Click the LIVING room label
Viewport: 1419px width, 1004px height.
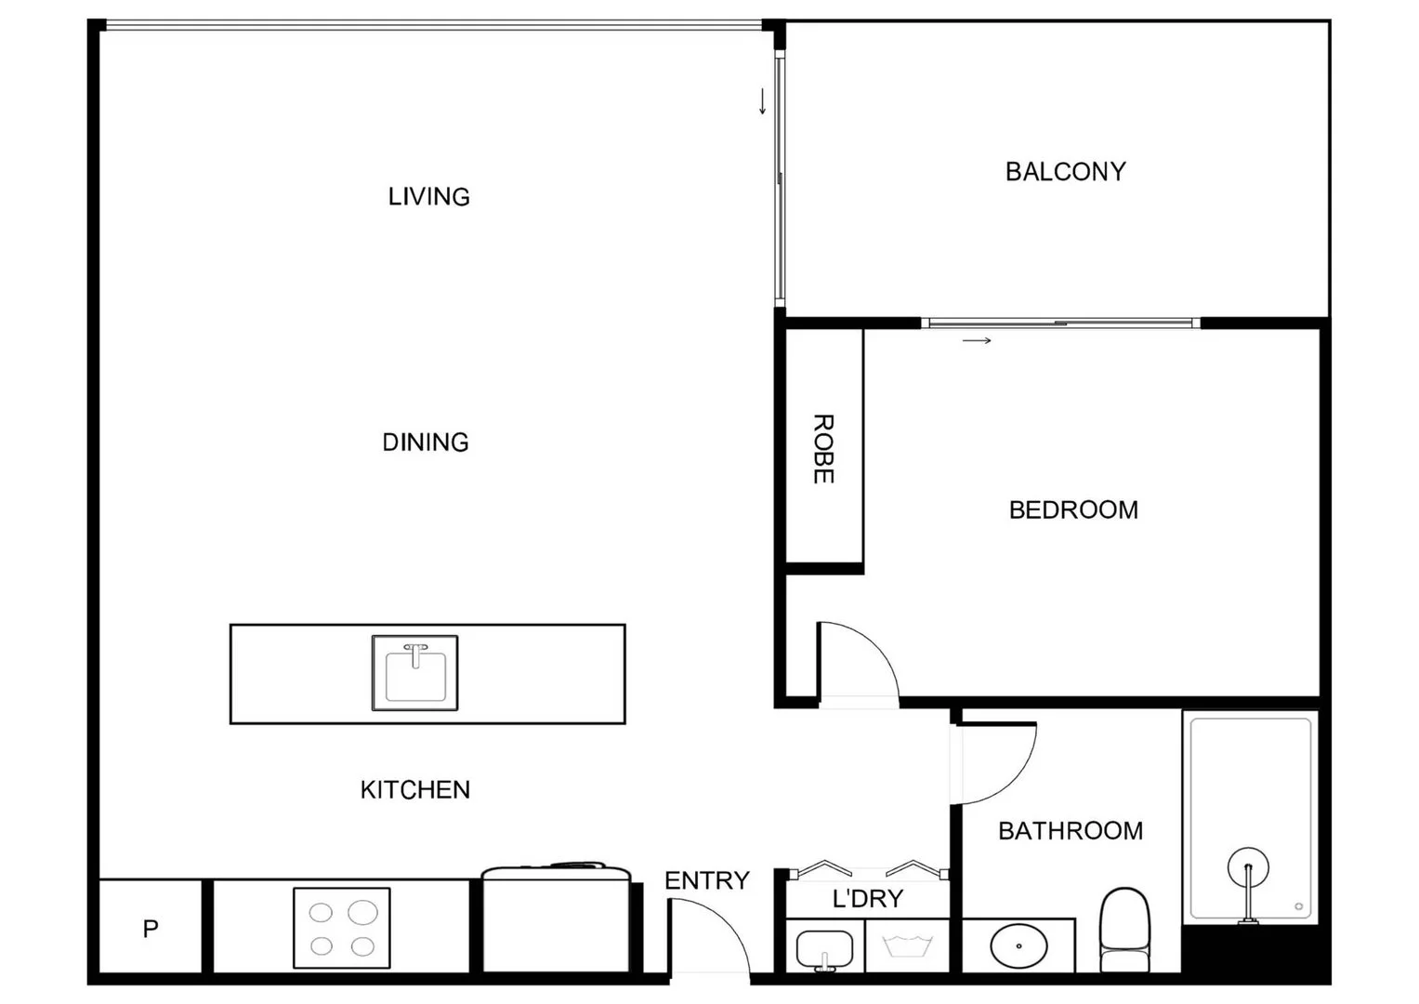(x=428, y=197)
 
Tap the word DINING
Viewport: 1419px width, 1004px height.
(x=426, y=443)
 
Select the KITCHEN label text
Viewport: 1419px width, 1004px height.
(x=414, y=790)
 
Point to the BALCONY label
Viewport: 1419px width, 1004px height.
(x=1065, y=172)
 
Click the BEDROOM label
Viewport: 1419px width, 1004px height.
(x=1073, y=510)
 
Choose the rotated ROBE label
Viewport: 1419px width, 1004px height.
(x=823, y=449)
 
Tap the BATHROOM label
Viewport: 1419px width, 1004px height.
(x=1070, y=831)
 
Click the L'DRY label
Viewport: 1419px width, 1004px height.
(x=867, y=899)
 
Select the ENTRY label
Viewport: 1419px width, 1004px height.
(x=706, y=880)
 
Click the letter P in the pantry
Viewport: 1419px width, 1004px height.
(x=151, y=929)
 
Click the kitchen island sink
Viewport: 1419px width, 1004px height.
(x=415, y=673)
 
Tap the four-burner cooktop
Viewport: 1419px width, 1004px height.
(x=341, y=929)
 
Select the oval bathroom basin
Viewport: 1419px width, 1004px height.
(x=1018, y=945)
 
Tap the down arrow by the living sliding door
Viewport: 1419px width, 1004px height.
(x=763, y=101)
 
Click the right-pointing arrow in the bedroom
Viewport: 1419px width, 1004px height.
(x=977, y=341)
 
